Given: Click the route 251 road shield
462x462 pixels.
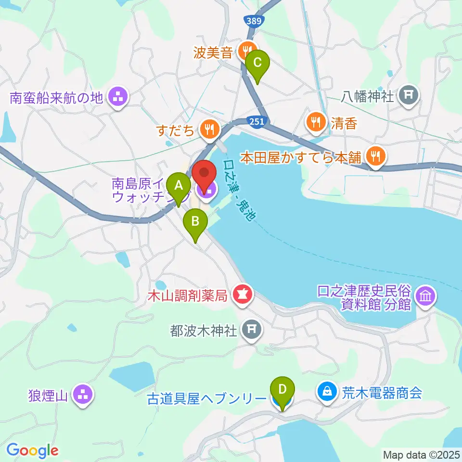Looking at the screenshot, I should coord(257,122).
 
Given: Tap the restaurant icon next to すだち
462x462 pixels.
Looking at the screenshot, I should coord(209,128).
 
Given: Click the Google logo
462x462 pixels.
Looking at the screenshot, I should coord(32,450).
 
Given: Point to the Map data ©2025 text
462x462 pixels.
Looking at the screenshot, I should coord(421,454).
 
